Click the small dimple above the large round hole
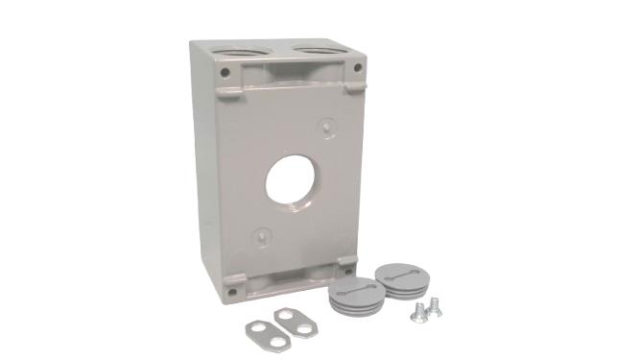326,126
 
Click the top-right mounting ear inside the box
353,85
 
